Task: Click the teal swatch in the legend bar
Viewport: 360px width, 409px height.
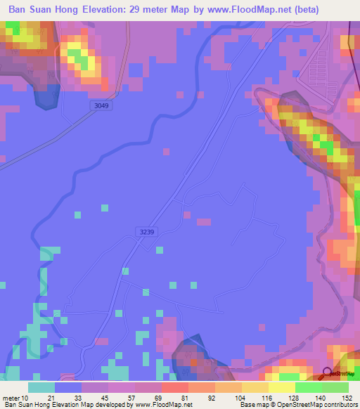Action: pos(41,387)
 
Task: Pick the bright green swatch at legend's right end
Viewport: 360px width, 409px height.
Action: pos(335,387)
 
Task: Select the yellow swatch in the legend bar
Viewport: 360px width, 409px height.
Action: pos(282,387)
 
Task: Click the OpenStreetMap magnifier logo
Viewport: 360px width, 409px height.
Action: pos(328,372)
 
